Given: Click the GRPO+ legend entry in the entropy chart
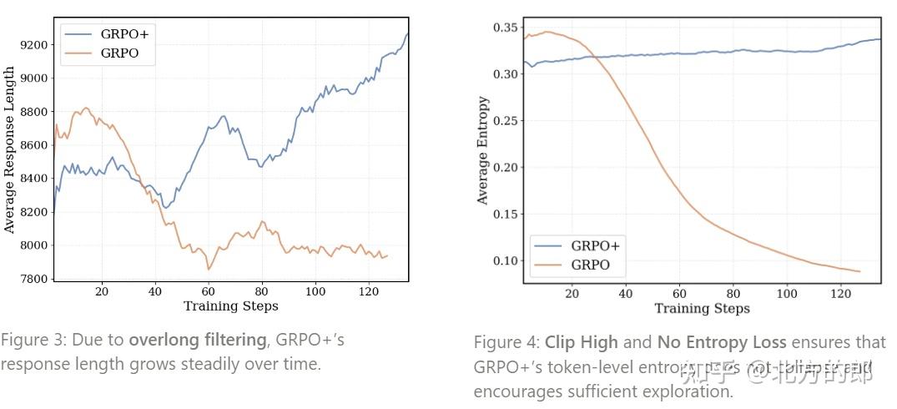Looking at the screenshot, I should click(595, 246).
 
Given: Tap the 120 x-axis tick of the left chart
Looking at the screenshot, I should click(368, 291).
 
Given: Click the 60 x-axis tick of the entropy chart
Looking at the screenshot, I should click(680, 294).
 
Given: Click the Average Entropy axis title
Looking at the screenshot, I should click(482, 150).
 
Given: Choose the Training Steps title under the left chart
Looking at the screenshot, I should click(230, 305).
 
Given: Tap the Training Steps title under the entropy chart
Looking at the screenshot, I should click(702, 309).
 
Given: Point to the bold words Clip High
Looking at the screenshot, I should click(582, 342).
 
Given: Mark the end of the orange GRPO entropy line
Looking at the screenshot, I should click(859, 271).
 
